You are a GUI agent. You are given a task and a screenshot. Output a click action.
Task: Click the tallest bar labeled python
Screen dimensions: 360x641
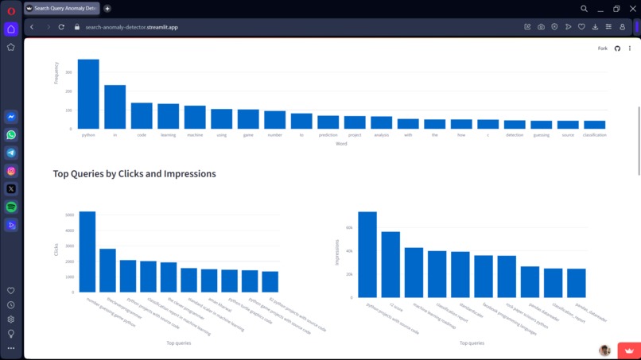[x=88, y=94]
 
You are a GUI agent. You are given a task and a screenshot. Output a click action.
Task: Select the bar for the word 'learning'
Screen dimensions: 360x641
[x=168, y=116]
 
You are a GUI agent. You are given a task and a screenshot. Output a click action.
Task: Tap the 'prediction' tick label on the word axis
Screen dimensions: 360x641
[x=328, y=135]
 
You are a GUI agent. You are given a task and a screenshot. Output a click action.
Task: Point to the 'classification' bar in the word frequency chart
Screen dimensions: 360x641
[x=594, y=125]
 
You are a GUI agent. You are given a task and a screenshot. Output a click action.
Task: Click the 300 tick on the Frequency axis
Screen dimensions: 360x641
[x=69, y=72]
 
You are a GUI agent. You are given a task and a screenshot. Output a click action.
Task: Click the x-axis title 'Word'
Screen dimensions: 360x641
[x=341, y=144]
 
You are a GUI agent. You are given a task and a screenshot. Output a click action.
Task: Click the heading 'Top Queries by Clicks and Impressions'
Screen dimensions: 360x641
[x=134, y=173]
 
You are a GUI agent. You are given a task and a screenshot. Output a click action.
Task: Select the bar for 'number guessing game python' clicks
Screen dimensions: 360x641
[x=87, y=252]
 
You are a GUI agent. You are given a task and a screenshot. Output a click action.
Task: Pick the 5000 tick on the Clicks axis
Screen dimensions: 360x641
[x=70, y=215]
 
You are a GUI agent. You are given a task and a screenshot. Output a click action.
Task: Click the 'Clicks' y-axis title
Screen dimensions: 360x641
[x=56, y=250]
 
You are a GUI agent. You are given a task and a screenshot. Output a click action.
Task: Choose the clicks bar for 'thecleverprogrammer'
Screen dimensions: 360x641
[x=107, y=270]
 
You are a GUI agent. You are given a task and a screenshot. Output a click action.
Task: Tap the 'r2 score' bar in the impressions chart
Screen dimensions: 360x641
[x=390, y=265]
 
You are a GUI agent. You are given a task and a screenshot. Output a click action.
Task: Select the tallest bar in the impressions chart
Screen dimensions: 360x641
[x=367, y=254]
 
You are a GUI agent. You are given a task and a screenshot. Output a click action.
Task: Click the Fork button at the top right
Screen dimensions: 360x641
[x=602, y=48]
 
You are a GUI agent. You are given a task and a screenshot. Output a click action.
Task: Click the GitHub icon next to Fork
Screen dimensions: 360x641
[x=617, y=48]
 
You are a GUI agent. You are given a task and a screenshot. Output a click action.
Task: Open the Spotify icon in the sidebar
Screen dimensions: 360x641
[x=11, y=207]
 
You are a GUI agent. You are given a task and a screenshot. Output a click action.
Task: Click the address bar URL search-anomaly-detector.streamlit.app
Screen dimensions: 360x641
[x=131, y=27]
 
